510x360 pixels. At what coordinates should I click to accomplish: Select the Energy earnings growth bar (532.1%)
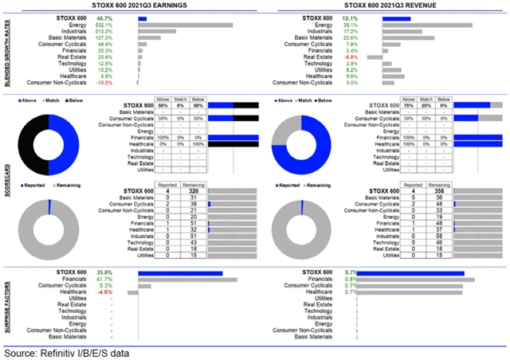(186, 25)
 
